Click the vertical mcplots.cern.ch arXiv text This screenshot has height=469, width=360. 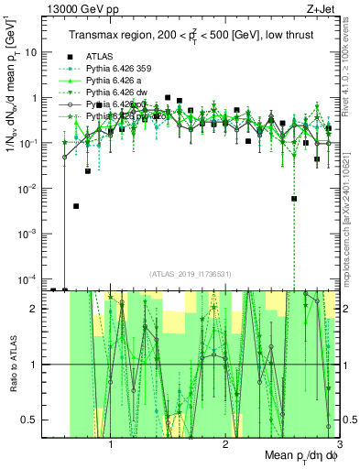click(x=353, y=206)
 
